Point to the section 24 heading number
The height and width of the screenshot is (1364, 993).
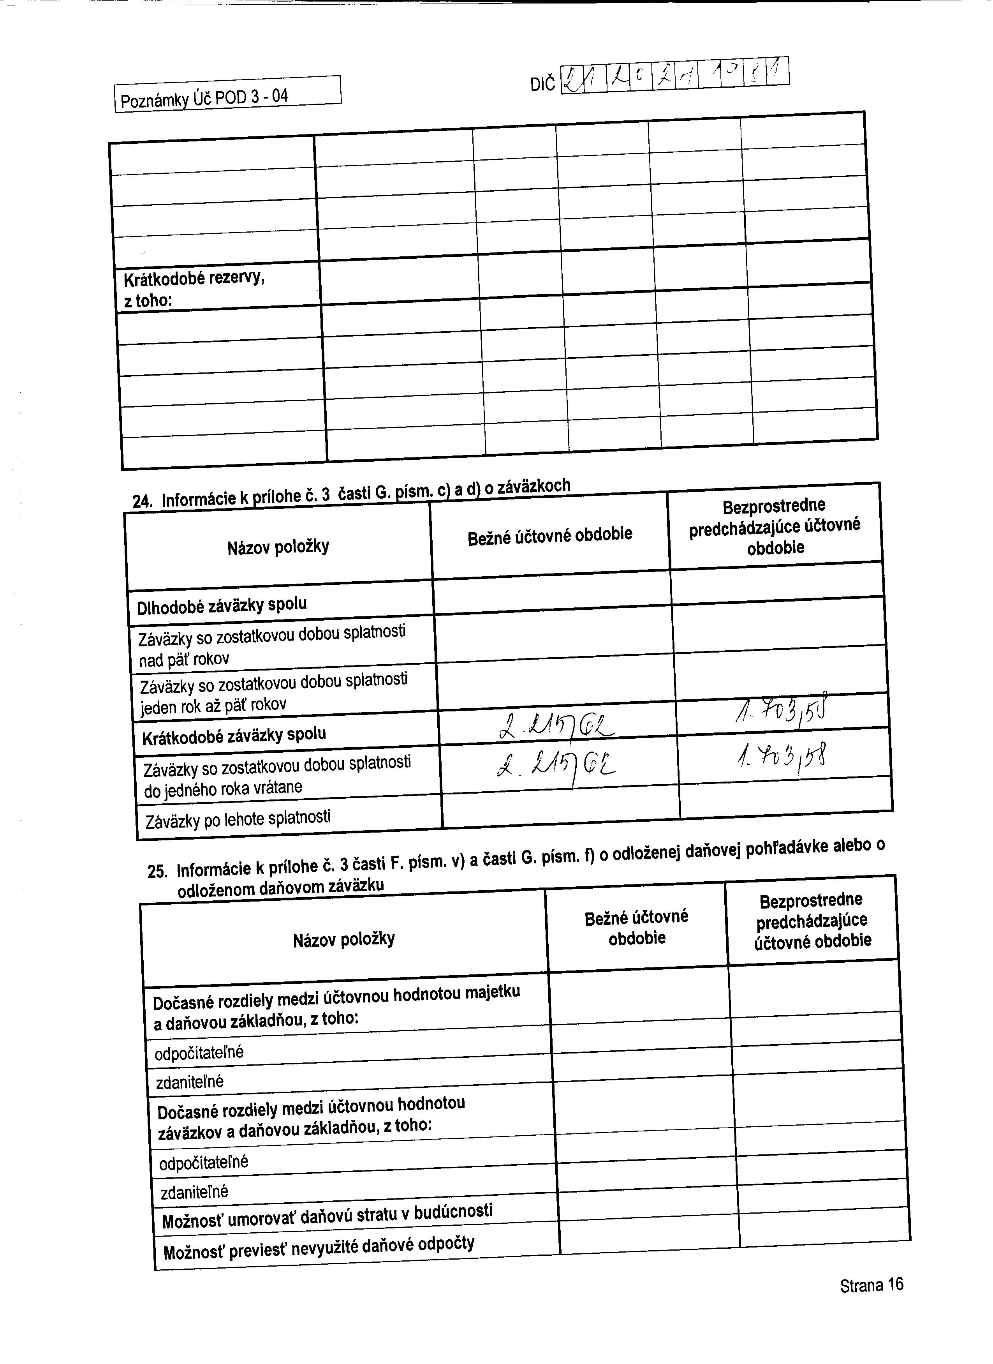coord(141,501)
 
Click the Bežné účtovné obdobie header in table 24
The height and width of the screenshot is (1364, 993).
coord(549,535)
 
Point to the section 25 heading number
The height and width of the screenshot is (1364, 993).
coord(156,872)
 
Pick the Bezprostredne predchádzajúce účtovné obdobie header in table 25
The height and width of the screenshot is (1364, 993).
coord(812,921)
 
